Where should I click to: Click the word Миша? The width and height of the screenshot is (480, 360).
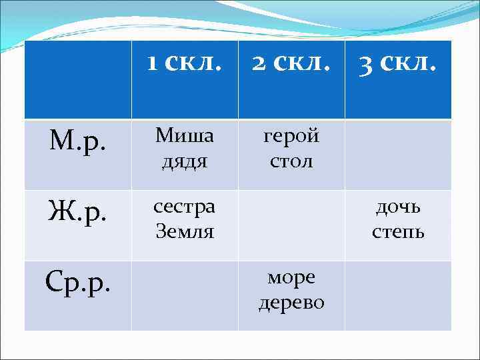pos(185,136)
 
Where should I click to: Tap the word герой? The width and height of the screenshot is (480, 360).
pos(291,136)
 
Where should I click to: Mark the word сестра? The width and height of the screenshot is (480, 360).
pos(185,207)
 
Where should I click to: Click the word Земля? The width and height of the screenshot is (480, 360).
pos(185,231)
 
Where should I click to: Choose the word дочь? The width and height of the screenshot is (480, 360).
pos(398,207)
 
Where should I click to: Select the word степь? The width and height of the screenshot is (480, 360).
pos(398,231)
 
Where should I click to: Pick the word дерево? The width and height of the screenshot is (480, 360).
pos(291,302)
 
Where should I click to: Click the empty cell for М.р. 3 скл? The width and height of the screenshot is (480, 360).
pos(398,155)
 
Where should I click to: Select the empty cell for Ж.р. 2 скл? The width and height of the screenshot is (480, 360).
pos(291,225)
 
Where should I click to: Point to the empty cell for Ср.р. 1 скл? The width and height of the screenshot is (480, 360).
pos(185,295)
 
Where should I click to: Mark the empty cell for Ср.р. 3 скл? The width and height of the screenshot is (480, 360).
pos(398,295)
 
